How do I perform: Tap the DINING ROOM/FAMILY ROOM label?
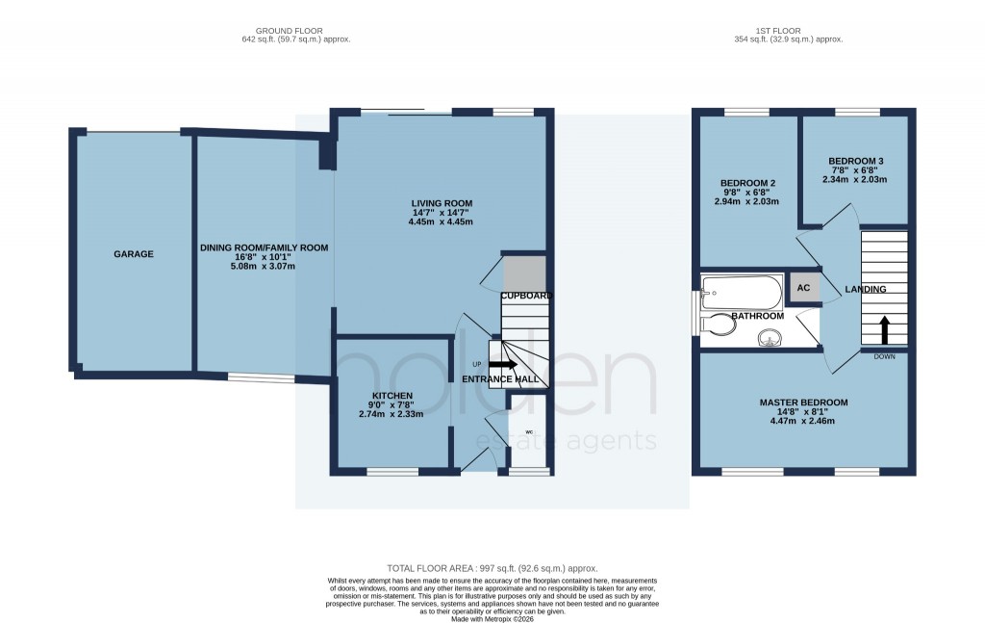click(x=265, y=247)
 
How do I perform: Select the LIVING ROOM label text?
click(x=442, y=203)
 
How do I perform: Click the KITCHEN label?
click(x=392, y=396)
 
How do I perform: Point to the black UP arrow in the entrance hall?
click(x=503, y=365)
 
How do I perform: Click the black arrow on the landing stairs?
click(x=884, y=329)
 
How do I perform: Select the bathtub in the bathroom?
click(x=742, y=290)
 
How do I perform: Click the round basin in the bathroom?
click(x=770, y=337)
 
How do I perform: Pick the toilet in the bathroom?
click(x=720, y=325)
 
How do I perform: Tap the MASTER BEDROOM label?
click(x=803, y=402)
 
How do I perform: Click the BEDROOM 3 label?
click(x=853, y=161)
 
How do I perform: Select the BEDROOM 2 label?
click(x=747, y=183)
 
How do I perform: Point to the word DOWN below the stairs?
click(x=884, y=356)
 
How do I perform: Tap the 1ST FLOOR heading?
click(x=787, y=31)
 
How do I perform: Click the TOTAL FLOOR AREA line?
click(x=492, y=569)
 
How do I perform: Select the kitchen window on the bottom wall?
click(x=392, y=472)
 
